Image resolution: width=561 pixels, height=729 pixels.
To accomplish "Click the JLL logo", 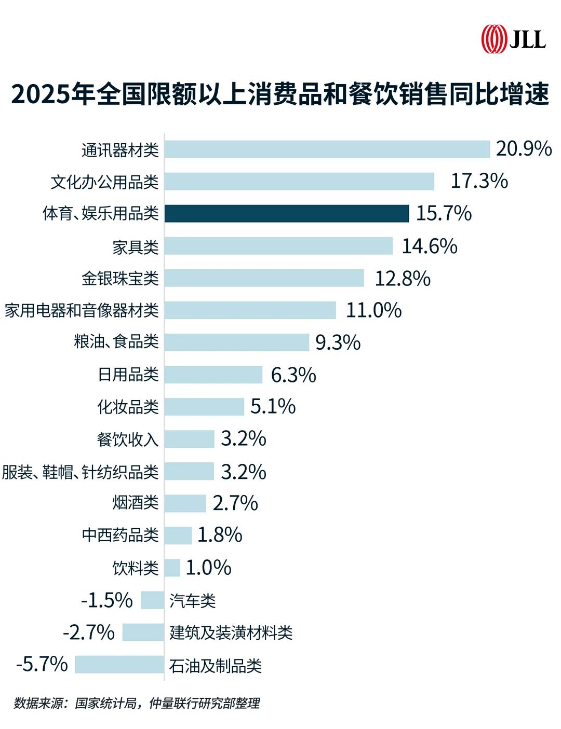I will point(513,39).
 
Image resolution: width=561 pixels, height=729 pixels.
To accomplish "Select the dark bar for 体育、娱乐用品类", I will point(287,214).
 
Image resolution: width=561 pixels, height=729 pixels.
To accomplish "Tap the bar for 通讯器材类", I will point(327,149).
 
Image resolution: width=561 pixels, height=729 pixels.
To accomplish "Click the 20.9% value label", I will point(524,149).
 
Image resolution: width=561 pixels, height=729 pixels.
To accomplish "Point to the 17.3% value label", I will point(479,181).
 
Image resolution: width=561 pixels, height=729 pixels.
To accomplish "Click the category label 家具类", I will point(136,246).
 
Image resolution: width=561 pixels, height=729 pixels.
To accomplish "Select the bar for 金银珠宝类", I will point(264,278).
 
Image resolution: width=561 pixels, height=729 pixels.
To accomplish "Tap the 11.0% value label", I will point(373,310).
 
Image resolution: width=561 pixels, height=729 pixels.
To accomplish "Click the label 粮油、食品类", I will point(116,342).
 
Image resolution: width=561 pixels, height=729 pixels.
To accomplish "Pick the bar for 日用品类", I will point(213,375).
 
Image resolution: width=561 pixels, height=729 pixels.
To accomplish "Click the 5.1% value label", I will point(273,406).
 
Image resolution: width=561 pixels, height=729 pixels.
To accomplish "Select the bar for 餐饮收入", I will point(190,439).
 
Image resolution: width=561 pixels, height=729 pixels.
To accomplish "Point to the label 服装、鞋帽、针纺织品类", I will point(80,472).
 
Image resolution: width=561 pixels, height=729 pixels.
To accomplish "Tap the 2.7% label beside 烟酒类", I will point(235,503).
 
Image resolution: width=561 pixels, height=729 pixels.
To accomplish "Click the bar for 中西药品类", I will point(178,535).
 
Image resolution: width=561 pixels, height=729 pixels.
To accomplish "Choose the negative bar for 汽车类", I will point(152,600).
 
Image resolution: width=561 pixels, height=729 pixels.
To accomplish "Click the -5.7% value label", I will point(42,664).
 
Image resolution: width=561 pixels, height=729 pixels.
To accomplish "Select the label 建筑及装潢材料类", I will point(231,632).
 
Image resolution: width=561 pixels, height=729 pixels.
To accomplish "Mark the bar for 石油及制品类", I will point(119,665).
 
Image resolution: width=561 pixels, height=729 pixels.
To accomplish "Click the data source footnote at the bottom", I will point(137,704).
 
